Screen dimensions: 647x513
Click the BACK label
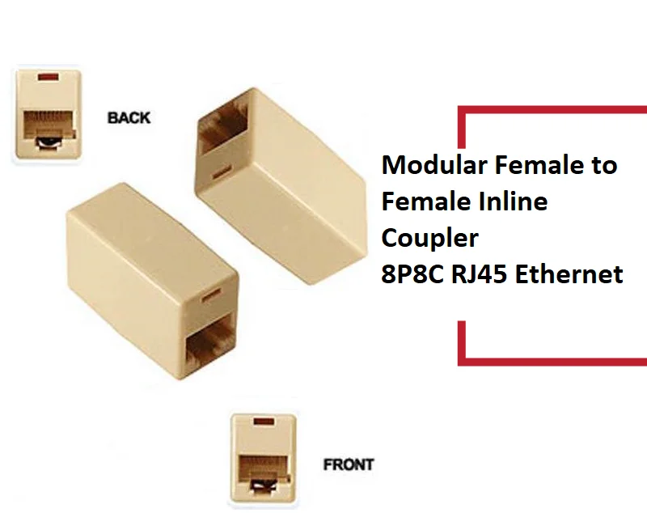[x=129, y=117]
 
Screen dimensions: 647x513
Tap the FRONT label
[x=348, y=464]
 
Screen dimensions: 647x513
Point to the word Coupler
[x=430, y=238]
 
